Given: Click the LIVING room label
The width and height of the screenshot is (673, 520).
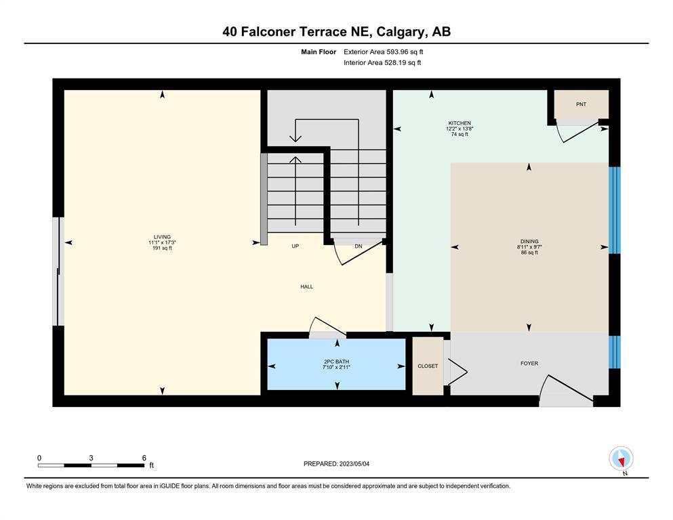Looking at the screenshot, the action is pyautogui.click(x=162, y=236).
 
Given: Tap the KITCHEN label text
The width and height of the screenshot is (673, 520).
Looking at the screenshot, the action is pyautogui.click(x=460, y=123).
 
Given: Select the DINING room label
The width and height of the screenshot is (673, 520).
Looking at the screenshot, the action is pyautogui.click(x=529, y=241).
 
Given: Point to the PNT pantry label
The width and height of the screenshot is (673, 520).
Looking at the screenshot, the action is pyautogui.click(x=581, y=104).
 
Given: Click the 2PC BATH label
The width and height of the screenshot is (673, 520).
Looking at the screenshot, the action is pyautogui.click(x=336, y=362).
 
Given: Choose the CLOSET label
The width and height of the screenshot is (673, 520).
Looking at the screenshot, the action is pyautogui.click(x=428, y=366).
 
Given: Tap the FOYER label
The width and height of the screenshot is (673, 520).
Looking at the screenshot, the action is pyautogui.click(x=529, y=363).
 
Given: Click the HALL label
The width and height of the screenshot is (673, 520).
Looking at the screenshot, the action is pyautogui.click(x=306, y=287).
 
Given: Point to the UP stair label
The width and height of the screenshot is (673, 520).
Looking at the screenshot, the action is pyautogui.click(x=295, y=246).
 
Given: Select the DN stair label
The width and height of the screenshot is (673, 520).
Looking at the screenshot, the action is pyautogui.click(x=359, y=246).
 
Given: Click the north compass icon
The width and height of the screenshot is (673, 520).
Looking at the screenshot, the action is pyautogui.click(x=621, y=458).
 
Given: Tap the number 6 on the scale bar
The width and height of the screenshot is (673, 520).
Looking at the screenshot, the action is pyautogui.click(x=144, y=458).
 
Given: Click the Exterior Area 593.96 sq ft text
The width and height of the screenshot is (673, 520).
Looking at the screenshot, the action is pyautogui.click(x=384, y=52).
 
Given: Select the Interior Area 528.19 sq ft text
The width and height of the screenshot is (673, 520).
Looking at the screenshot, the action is pyautogui.click(x=382, y=62).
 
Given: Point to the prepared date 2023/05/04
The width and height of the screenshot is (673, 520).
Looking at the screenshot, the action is pyautogui.click(x=354, y=464).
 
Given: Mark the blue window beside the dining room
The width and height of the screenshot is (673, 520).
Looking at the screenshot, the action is pyautogui.click(x=615, y=210).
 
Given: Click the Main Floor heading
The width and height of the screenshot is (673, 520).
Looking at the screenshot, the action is pyautogui.click(x=319, y=52).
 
